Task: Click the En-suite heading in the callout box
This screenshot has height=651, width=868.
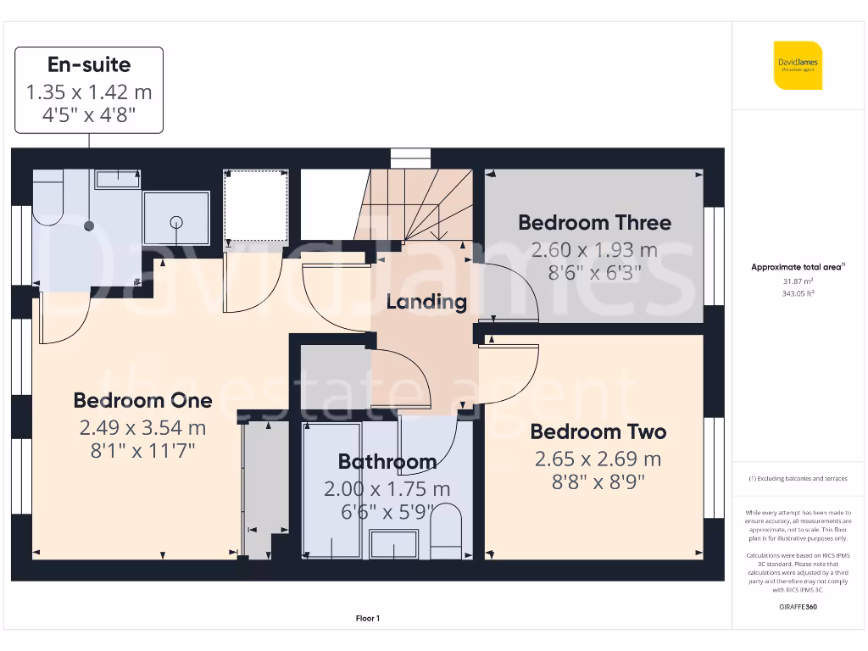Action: coord(89,64)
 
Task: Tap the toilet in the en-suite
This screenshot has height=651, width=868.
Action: coord(47,198)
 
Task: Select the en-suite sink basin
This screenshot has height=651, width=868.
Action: coord(117,179)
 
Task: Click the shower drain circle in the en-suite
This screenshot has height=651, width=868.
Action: coord(176,222)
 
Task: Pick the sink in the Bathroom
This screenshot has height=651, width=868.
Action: coord(393,543)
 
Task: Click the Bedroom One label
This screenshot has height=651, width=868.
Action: coord(142,400)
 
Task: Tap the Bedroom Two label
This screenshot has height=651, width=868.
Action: coord(598,431)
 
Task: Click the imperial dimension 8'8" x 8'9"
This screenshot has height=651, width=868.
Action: coord(598,482)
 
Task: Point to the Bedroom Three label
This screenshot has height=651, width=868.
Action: coord(594,223)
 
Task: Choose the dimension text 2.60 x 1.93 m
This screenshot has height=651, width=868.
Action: coord(594,250)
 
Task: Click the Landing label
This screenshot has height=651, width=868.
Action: coord(426,302)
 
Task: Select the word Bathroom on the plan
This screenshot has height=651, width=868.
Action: coord(387,462)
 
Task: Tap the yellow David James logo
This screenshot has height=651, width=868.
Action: coord(797,65)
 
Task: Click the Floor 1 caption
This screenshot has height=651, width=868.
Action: coord(368,619)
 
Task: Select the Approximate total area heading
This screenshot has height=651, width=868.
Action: coord(797,267)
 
